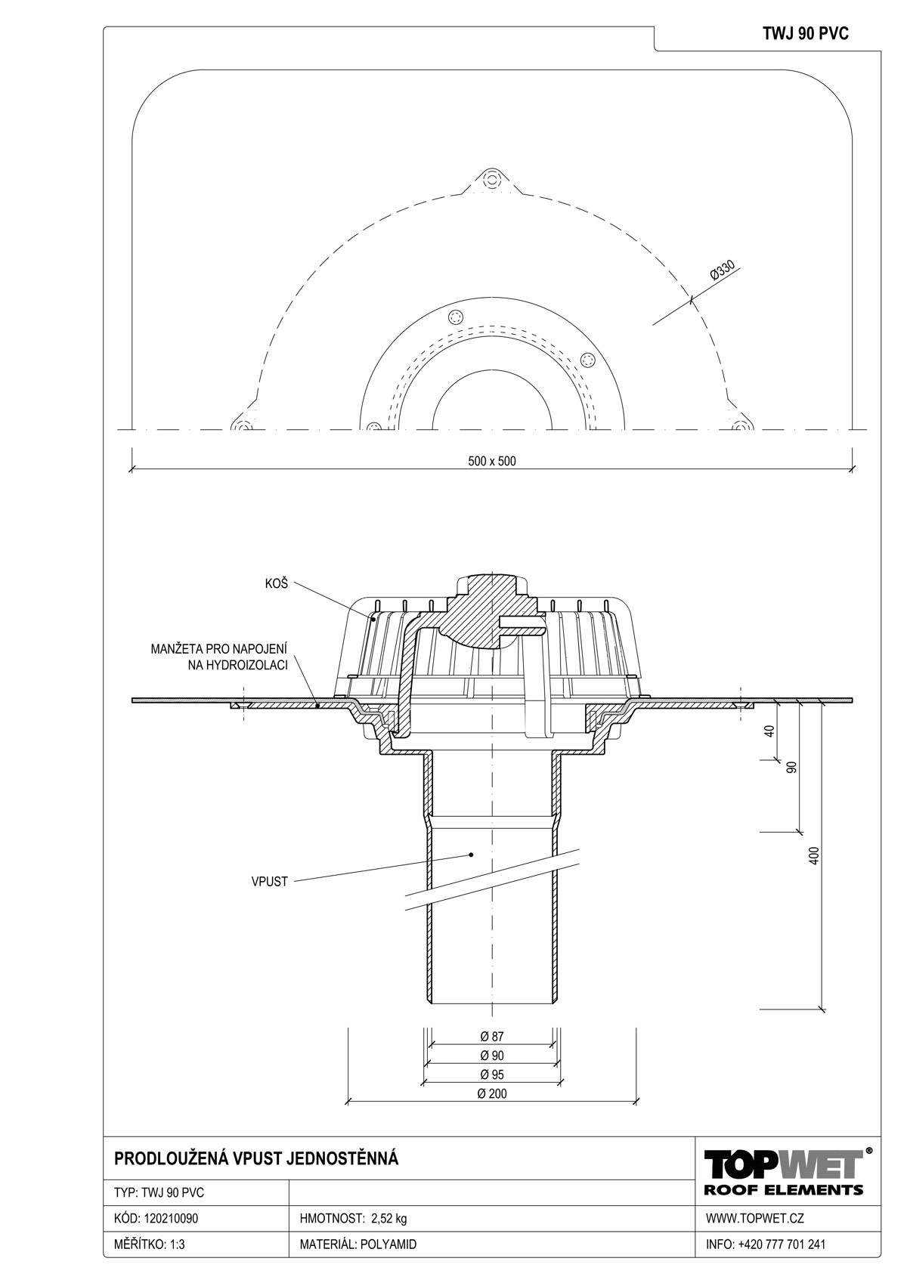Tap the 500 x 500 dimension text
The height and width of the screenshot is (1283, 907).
click(x=491, y=461)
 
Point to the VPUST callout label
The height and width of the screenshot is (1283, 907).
click(x=269, y=882)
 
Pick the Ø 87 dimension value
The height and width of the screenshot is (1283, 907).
click(x=492, y=1036)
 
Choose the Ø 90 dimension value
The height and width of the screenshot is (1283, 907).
click(x=492, y=1055)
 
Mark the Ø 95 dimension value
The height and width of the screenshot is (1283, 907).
click(x=492, y=1074)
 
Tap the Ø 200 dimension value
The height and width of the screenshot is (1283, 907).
click(x=492, y=1093)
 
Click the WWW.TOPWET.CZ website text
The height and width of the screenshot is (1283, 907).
click(x=754, y=1218)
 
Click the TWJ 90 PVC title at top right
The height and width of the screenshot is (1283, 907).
click(x=806, y=34)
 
